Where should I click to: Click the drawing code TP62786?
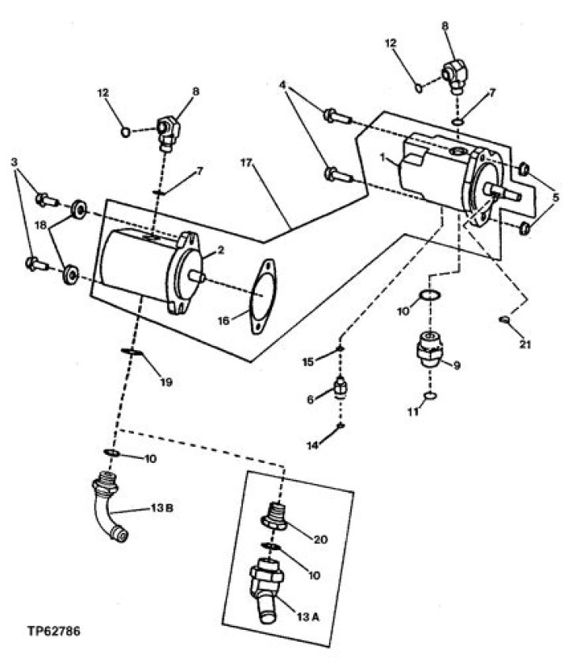click(54, 631)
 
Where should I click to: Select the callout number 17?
click(246, 162)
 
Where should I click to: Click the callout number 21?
click(525, 345)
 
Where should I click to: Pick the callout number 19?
click(166, 382)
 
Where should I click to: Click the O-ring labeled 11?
click(430, 397)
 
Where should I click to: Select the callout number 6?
click(310, 399)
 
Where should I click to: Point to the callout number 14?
click(312, 445)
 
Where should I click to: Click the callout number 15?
click(308, 362)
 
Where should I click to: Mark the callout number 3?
click(14, 162)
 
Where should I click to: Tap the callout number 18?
click(41, 225)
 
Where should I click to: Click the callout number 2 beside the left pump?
click(220, 251)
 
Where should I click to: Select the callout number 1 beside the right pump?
click(382, 158)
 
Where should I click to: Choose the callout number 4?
click(282, 84)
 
